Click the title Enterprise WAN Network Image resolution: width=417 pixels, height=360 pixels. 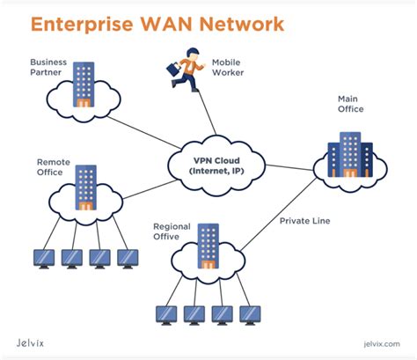tap(157, 23)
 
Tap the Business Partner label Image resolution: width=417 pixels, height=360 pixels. tap(49, 68)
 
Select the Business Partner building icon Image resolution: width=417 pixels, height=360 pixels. tap(84, 84)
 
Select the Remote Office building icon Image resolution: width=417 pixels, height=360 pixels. tap(86, 187)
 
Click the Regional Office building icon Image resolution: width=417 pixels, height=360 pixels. tap(208, 246)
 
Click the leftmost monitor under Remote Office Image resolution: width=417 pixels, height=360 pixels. tap(43, 258)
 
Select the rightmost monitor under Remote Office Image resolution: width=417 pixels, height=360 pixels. tap(128, 258)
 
